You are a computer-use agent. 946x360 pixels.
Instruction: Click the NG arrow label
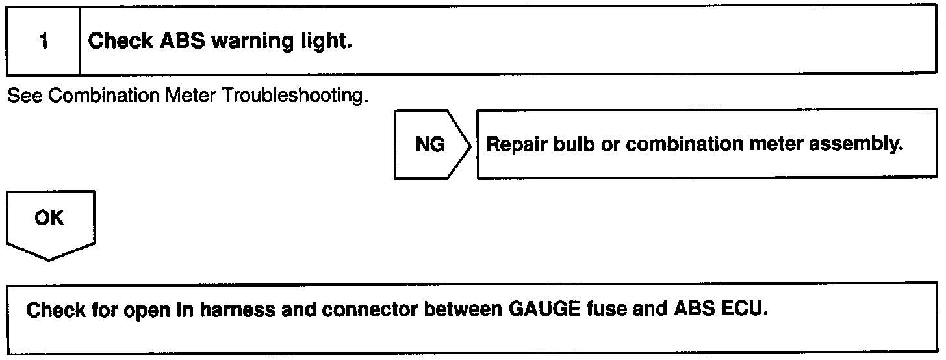click(x=431, y=144)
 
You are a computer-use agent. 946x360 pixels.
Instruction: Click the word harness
click(x=237, y=309)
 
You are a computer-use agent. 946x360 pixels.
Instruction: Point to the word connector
click(x=369, y=309)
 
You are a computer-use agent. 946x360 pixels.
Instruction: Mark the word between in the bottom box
click(x=459, y=309)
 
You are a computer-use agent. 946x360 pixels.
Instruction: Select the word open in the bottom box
click(x=148, y=311)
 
